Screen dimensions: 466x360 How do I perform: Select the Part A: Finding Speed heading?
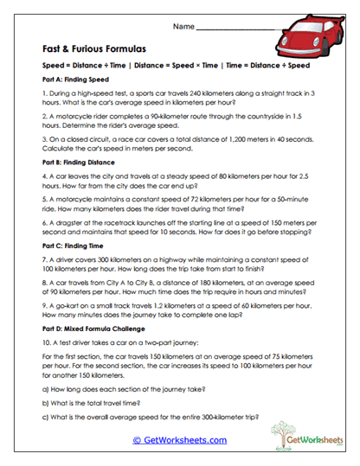coord(69,79)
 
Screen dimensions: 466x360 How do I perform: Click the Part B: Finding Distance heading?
coord(74,161)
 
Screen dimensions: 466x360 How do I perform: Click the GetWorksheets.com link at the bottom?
coord(179,440)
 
